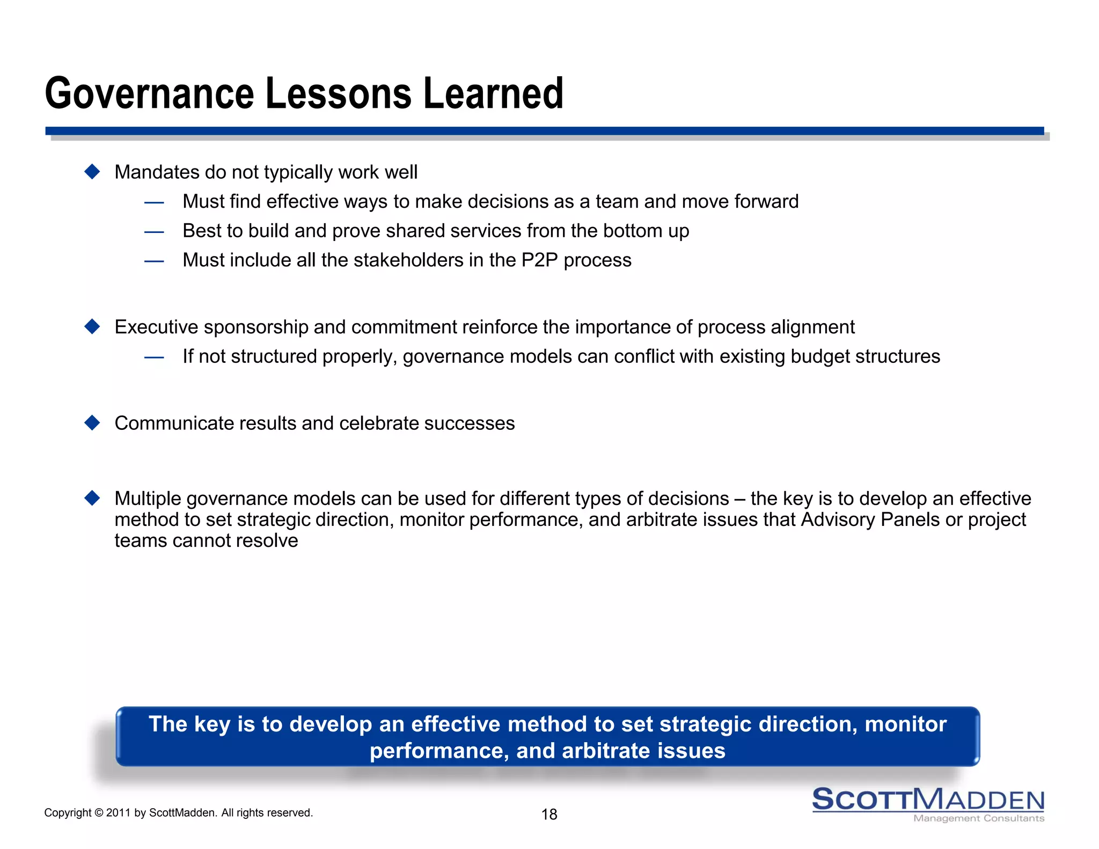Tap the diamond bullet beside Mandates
pyautogui.click(x=92, y=172)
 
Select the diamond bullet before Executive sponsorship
pyautogui.click(x=92, y=326)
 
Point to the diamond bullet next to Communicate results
pyautogui.click(x=92, y=423)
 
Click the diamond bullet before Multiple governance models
pyautogui.click(x=92, y=498)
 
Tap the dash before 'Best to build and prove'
pyautogui.click(x=154, y=232)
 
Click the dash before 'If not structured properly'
pyautogui.click(x=154, y=357)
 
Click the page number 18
pyautogui.click(x=549, y=814)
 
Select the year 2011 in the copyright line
pyautogui.click(x=118, y=813)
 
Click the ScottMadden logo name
pyautogui.click(x=928, y=799)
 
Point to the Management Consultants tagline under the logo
pyautogui.click(x=978, y=818)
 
